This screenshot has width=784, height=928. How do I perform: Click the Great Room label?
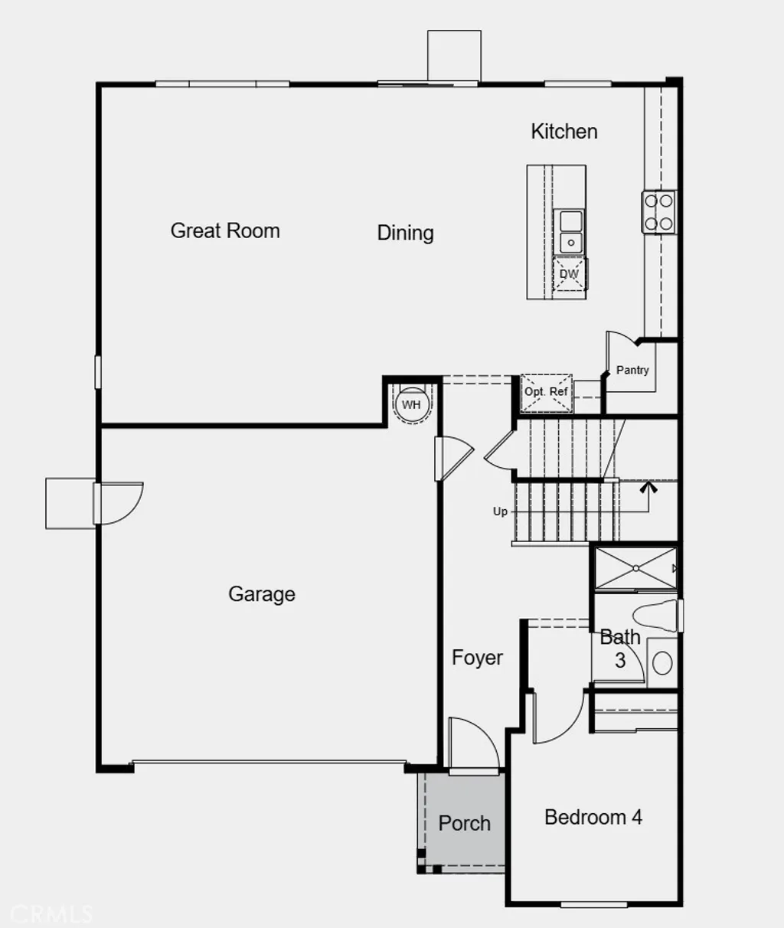225,230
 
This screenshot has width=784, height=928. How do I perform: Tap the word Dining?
405,233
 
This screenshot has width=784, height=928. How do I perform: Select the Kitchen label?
563,132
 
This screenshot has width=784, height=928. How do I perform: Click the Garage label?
261,594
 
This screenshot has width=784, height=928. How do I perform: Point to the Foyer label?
476,658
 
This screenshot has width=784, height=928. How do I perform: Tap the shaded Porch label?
464,824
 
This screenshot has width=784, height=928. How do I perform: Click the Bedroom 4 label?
593,818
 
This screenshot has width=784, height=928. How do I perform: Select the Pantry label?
632,370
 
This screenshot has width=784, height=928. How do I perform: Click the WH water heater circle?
411,404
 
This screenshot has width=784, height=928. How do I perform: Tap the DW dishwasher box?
569,274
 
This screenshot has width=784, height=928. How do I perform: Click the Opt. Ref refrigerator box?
546,392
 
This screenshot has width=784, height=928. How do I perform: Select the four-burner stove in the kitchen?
658,212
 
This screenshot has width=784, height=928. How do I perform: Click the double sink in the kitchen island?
570,232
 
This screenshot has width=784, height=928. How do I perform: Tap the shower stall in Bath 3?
635,567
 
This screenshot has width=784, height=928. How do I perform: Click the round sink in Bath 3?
662,662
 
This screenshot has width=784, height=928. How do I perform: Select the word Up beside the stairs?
500,511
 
